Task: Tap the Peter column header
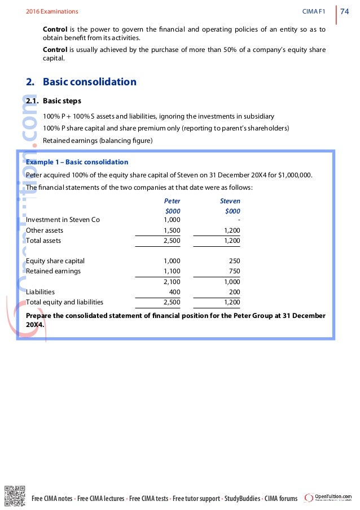[172, 200]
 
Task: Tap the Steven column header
[230, 200]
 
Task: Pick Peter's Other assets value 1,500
[172, 230]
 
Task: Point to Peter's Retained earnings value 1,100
[172, 271]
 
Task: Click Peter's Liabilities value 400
[174, 292]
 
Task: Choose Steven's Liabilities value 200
[232, 292]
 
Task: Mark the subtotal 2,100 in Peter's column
[172, 282]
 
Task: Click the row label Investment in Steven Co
[63, 220]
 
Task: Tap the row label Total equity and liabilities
[65, 302]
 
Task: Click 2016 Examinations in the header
[52, 11]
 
